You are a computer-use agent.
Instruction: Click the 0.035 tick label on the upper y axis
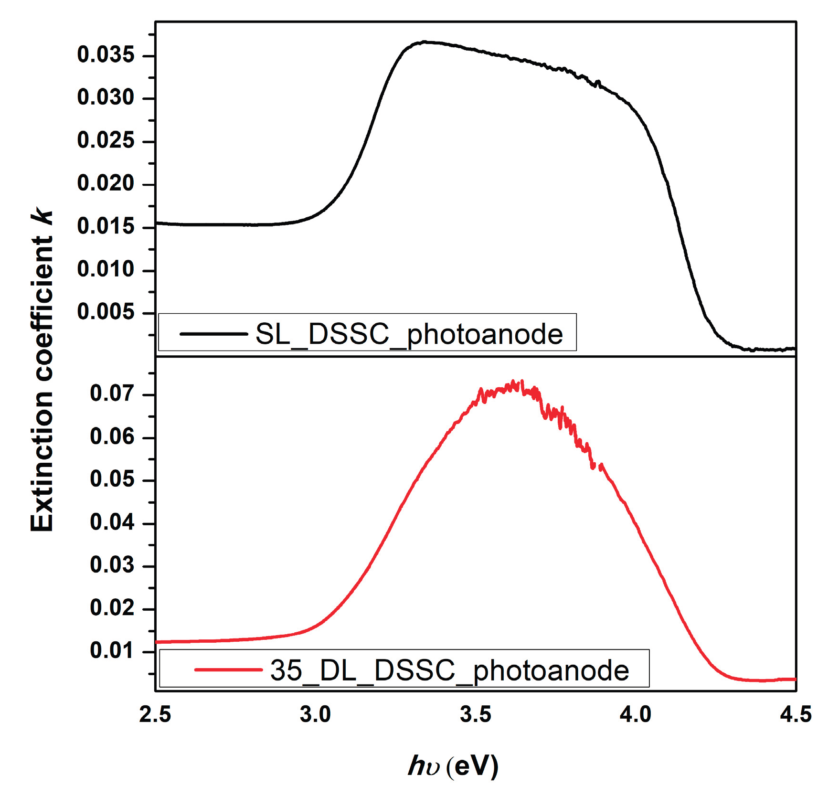click(x=106, y=55)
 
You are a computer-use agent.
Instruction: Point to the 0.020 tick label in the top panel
click(x=106, y=183)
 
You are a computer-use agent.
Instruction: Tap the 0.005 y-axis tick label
click(x=106, y=312)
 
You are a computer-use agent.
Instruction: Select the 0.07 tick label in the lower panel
click(x=112, y=393)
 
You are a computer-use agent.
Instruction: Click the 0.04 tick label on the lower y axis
click(x=112, y=522)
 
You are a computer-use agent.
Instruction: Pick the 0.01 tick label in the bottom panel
click(x=112, y=651)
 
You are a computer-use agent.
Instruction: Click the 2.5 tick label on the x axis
click(x=155, y=715)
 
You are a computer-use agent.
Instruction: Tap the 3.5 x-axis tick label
click(x=476, y=715)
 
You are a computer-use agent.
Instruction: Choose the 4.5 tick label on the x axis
click(x=796, y=715)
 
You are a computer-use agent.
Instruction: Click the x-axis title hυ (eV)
click(x=453, y=766)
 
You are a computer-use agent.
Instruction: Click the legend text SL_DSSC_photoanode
click(x=409, y=334)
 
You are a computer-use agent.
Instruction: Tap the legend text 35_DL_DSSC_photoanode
click(x=449, y=670)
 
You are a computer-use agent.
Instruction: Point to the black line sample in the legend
click(x=213, y=334)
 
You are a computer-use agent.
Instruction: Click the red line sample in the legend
click(x=228, y=669)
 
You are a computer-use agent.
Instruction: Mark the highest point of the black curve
click(x=425, y=42)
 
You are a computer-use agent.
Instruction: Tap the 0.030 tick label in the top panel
click(x=106, y=98)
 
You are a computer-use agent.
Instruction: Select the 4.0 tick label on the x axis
click(x=636, y=715)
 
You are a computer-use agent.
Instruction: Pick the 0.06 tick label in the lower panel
click(x=112, y=436)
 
